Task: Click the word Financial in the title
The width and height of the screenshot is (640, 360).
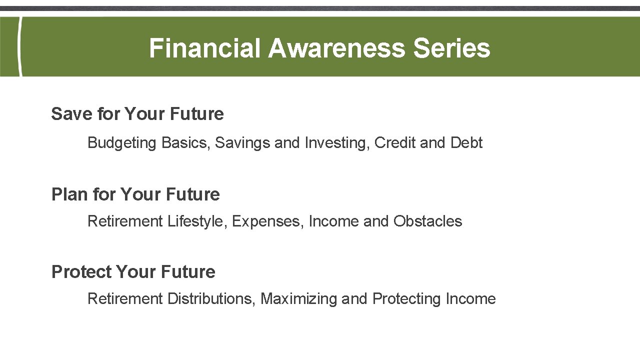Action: coord(204,48)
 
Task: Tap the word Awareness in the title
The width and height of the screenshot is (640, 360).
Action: coord(336,48)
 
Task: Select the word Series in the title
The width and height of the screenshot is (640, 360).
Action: coord(451,48)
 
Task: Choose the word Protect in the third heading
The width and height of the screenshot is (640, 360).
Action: coord(81,272)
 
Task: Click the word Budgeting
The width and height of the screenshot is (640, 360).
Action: coord(122,143)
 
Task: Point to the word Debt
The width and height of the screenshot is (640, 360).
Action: coord(466,142)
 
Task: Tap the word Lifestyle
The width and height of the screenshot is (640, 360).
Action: coord(197,221)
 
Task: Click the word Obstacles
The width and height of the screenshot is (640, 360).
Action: coord(427,221)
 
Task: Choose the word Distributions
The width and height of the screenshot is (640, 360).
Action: coord(211,299)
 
